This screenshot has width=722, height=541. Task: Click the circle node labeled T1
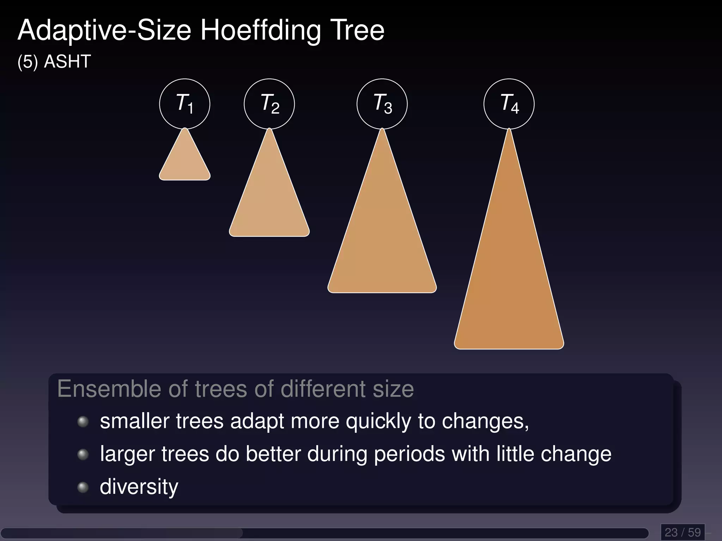click(x=184, y=104)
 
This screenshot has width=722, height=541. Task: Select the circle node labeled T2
click(x=269, y=104)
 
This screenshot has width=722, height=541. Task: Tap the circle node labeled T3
click(x=382, y=104)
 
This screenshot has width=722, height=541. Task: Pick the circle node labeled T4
click(x=509, y=104)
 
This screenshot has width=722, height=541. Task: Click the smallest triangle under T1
click(x=185, y=162)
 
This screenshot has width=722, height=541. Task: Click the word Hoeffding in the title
click(x=261, y=31)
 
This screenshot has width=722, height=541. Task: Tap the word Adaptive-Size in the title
click(x=104, y=31)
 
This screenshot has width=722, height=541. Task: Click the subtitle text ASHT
click(x=67, y=62)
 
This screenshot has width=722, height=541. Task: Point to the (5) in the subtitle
click(x=27, y=62)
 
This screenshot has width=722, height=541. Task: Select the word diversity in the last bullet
click(x=139, y=487)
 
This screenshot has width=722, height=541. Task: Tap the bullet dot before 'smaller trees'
click(x=83, y=421)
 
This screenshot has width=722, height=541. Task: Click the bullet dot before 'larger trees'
click(x=83, y=454)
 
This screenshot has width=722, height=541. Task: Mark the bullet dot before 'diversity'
click(x=83, y=487)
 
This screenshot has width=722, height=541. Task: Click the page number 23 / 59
click(x=683, y=532)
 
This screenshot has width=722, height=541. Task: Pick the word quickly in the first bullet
click(x=378, y=421)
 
